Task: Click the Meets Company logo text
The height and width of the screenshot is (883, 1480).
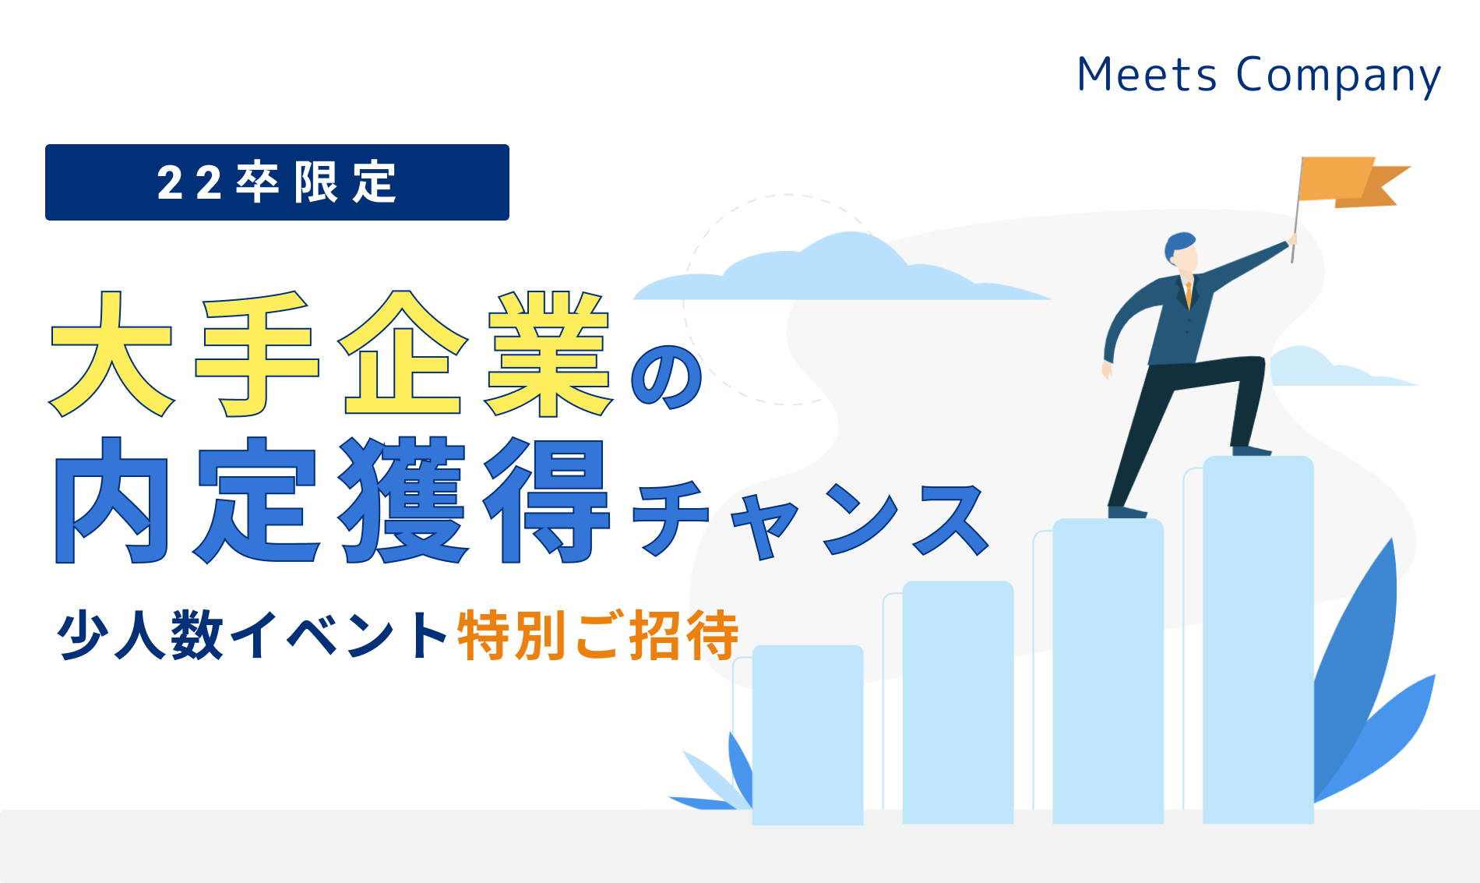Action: coord(1259,76)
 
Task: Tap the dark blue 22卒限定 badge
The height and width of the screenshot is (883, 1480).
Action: coord(277,182)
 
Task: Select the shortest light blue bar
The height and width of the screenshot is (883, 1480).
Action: coord(808,734)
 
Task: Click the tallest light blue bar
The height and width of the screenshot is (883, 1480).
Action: coord(1258,639)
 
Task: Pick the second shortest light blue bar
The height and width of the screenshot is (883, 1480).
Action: coord(958,701)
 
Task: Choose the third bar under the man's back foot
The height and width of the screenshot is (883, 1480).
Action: coord(1108,670)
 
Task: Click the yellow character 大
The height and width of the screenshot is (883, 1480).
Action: coord(111,355)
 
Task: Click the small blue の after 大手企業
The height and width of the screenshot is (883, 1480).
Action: coord(667,377)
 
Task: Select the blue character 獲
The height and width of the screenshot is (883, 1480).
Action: coord(403,500)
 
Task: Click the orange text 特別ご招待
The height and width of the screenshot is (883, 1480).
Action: coord(598,635)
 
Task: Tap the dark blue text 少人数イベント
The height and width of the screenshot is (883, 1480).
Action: coord(252,635)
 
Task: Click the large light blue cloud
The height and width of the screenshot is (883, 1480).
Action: coord(841,269)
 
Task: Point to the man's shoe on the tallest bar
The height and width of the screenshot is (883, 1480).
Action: coord(1251,450)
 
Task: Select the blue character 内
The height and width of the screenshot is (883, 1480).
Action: coord(111,500)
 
